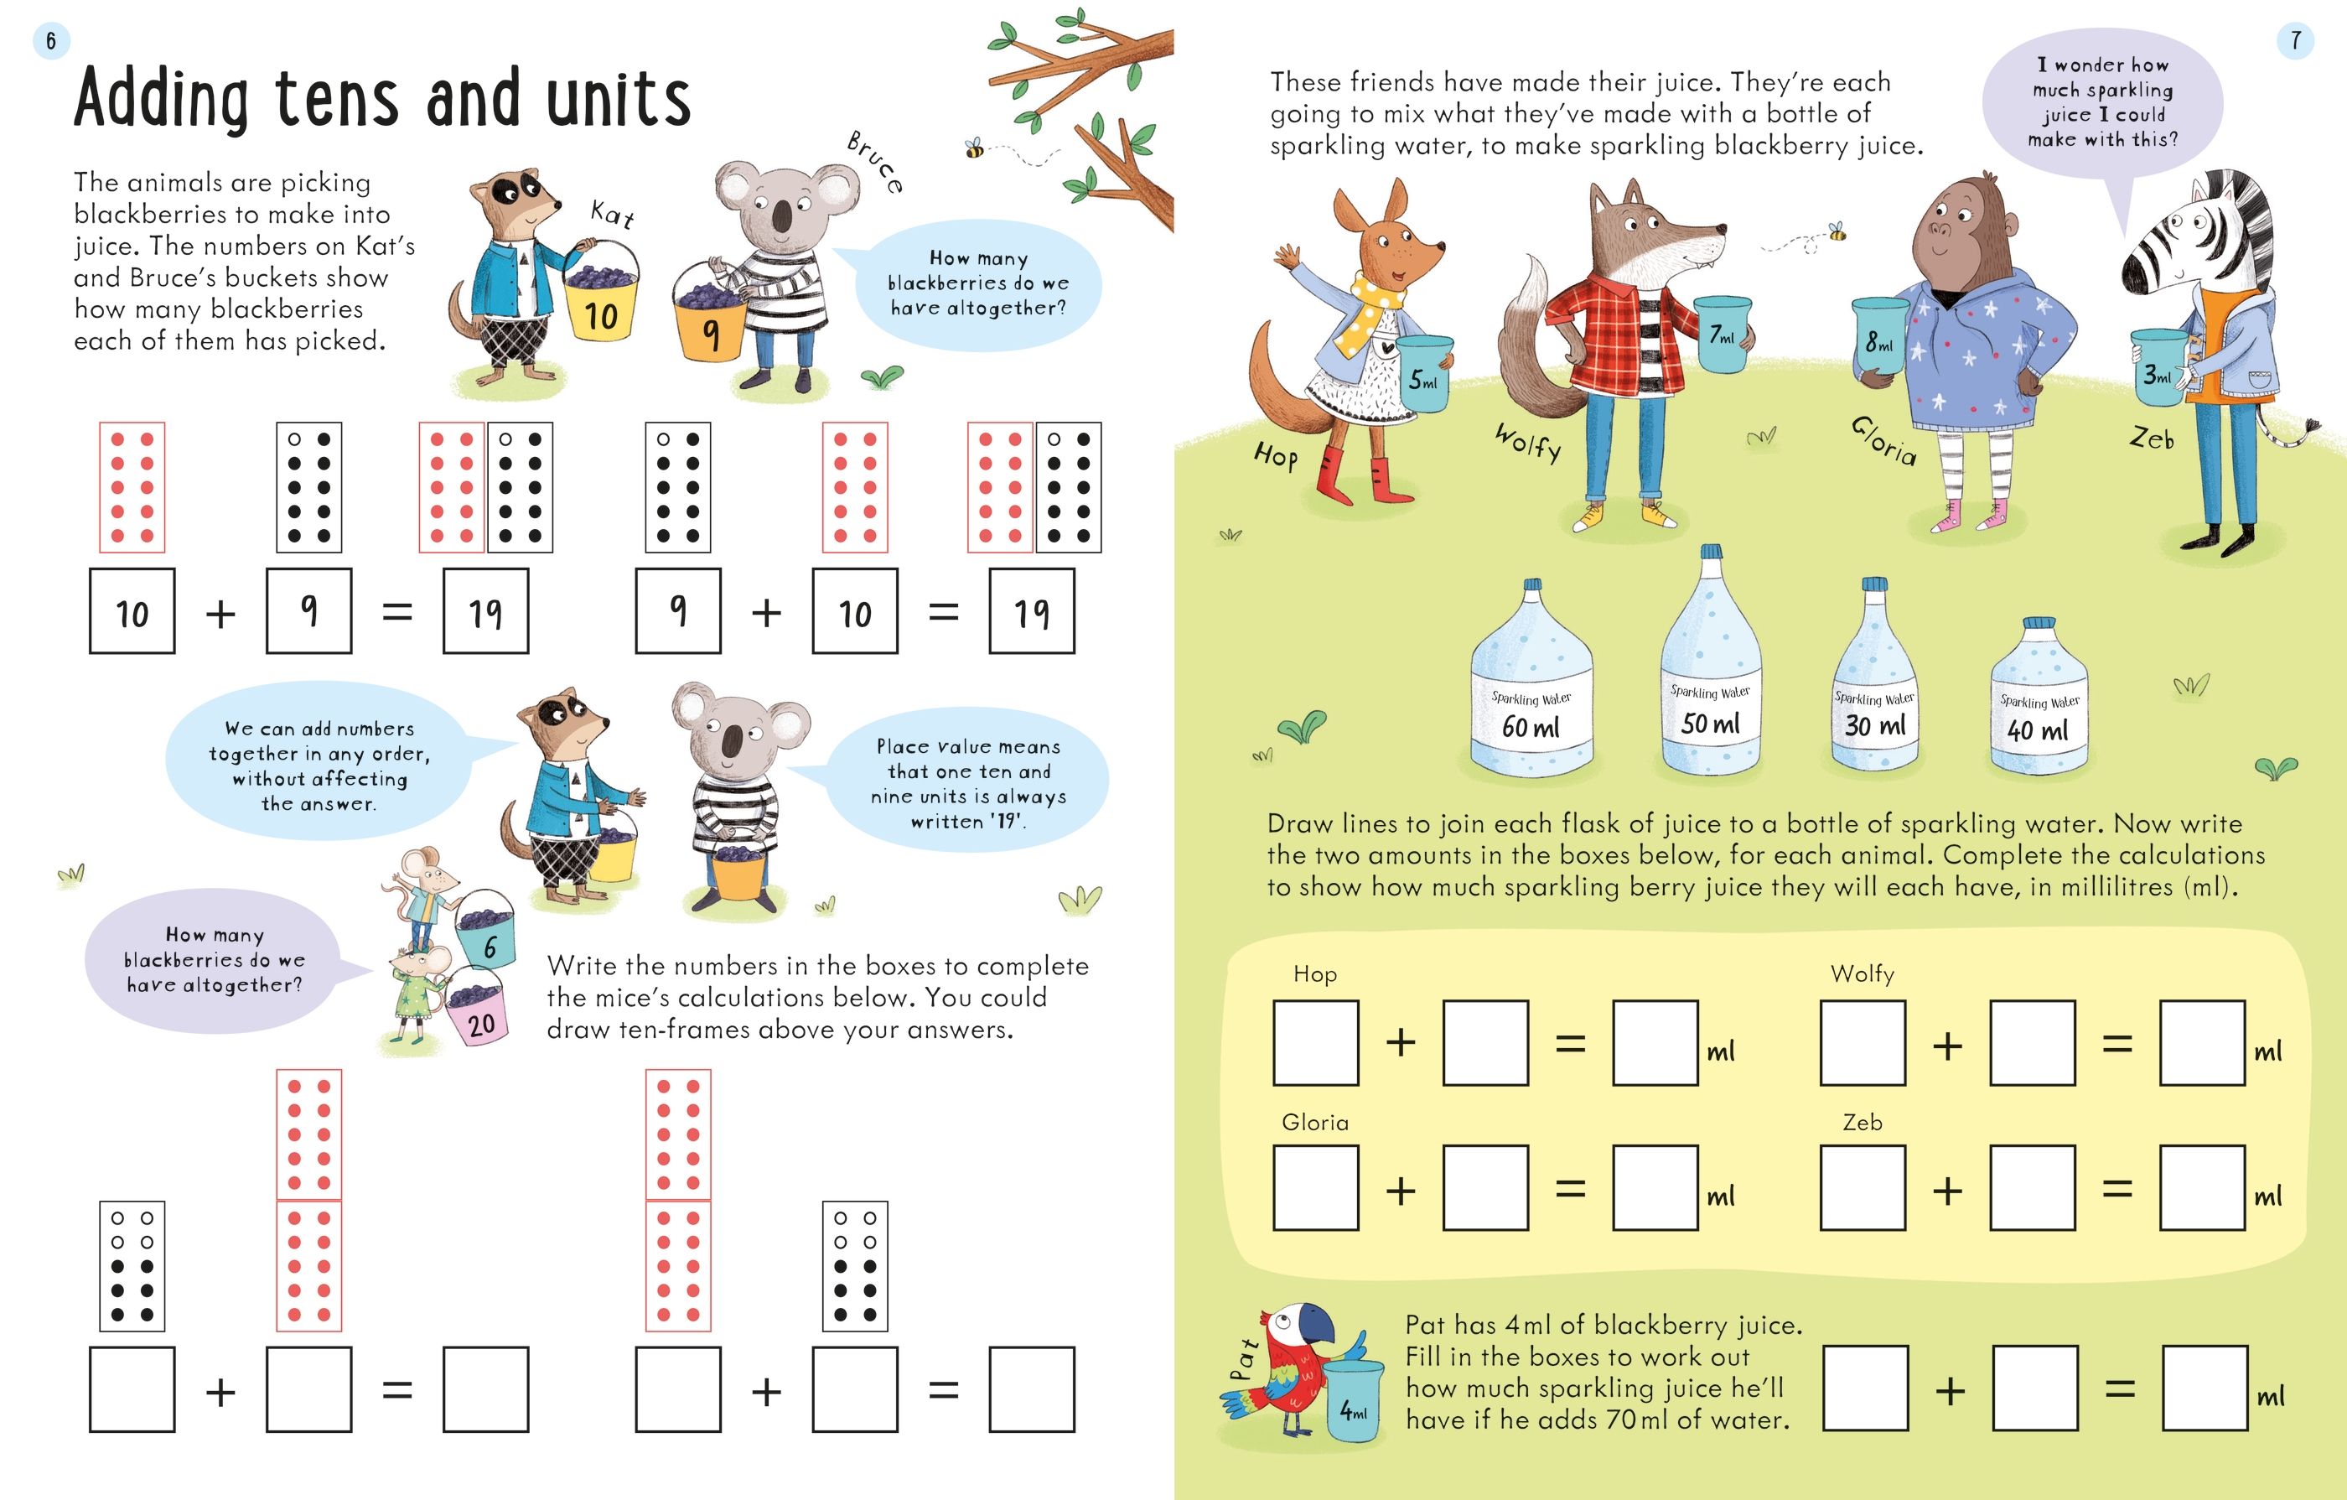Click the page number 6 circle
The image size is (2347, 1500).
coord(50,41)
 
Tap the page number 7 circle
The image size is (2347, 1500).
coord(2295,41)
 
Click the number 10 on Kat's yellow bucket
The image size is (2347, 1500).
coord(601,316)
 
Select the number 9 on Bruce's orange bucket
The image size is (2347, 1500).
coord(712,335)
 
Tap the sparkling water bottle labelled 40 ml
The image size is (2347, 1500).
coord(2039,696)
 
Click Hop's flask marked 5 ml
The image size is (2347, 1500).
coord(1424,373)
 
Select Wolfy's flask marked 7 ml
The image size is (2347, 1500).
coord(1723,335)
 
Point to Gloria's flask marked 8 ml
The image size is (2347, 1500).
coord(1879,337)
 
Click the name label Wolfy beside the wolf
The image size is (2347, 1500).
coord(1528,443)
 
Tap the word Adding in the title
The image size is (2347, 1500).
coord(162,100)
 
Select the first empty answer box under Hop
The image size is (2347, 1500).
coord(1316,1043)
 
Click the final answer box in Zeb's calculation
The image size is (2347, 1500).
coord(2203,1187)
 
